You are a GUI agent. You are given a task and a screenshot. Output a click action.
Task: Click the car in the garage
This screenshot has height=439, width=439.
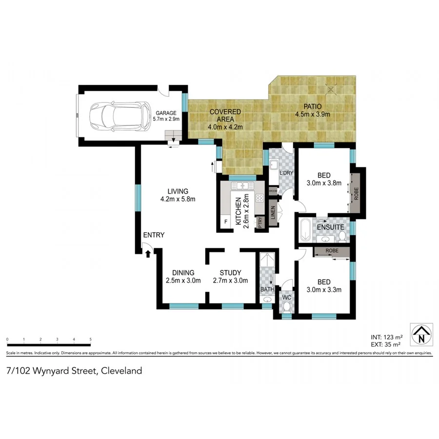[x=119, y=116]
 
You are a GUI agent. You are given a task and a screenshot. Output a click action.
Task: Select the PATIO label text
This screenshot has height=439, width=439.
[x=312, y=107]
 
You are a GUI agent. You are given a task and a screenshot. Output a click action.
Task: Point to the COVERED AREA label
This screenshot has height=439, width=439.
[x=225, y=112]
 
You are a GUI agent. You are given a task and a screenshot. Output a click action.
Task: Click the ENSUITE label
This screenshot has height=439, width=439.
[x=330, y=227]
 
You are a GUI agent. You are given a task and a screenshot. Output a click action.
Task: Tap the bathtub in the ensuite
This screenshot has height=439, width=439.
[x=305, y=231]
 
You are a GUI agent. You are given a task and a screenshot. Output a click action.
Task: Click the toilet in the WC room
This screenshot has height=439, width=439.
[x=287, y=307]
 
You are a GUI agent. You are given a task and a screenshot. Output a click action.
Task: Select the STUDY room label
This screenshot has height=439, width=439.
[x=230, y=273]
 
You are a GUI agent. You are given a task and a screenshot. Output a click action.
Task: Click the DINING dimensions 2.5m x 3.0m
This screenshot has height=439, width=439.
[x=183, y=280]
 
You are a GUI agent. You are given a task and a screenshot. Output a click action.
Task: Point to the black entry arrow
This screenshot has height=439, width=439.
[x=148, y=253]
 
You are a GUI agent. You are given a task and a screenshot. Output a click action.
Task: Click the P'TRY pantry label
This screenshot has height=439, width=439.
[x=260, y=222]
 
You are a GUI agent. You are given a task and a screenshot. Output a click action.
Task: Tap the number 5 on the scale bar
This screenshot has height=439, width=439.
[x=91, y=339]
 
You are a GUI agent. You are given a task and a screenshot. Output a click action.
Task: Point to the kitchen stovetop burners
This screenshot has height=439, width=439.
[x=259, y=198]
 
